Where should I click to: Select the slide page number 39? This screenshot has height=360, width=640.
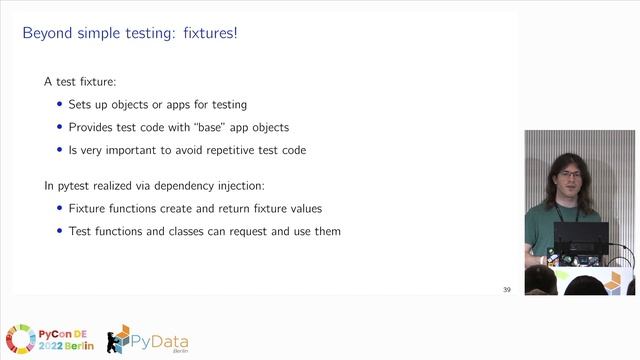click(506, 290)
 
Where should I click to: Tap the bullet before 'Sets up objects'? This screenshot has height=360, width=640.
click(59, 105)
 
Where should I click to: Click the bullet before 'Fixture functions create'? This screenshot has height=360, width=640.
click(59, 209)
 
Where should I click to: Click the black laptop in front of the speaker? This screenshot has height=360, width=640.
click(580, 240)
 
